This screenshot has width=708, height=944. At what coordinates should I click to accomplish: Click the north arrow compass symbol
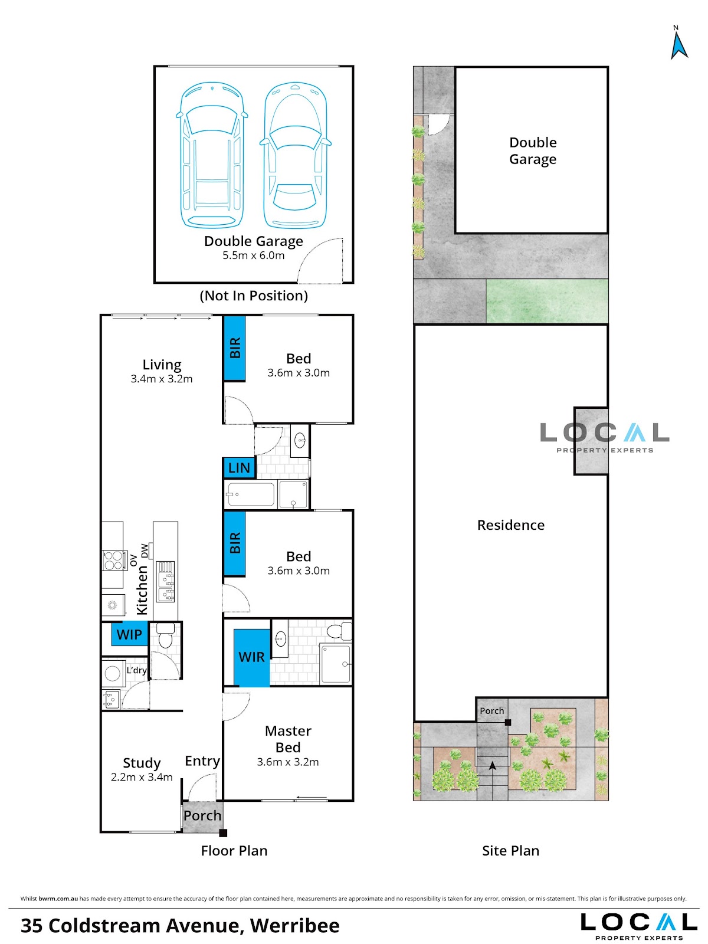678,43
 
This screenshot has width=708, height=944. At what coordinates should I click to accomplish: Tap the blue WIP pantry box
129,634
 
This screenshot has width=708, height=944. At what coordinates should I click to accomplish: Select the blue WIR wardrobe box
251,657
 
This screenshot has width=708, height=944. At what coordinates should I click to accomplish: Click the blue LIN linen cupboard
239,467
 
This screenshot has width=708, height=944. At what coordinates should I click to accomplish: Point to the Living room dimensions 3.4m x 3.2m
162,379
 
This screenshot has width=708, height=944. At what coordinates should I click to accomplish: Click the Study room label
142,763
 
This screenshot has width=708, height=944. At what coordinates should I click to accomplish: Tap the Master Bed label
288,739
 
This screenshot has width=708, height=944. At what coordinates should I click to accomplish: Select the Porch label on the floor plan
202,815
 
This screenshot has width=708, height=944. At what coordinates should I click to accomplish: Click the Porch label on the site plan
492,711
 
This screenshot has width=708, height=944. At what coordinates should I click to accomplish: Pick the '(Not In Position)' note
254,296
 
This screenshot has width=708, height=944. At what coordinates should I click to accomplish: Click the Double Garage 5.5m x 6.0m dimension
253,255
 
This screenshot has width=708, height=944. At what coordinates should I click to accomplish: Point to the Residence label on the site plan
511,525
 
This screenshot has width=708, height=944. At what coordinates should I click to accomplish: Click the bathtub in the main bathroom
251,494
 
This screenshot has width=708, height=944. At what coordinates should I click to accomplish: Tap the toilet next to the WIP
165,635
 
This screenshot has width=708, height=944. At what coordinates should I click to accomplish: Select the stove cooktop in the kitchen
113,560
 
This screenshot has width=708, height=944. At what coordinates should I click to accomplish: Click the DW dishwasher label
145,551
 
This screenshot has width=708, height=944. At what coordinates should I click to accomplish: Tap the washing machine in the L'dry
113,674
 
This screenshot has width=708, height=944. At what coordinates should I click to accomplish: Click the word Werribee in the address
295,925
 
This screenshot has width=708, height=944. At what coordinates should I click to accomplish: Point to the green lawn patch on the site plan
547,301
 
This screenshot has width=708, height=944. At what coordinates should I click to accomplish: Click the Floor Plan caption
234,850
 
